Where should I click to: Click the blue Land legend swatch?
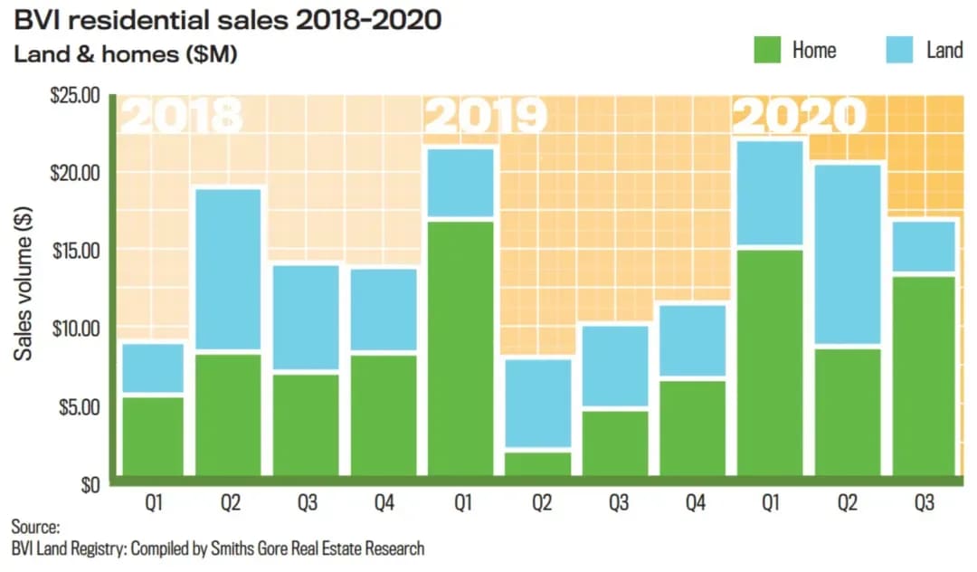[x=910, y=49]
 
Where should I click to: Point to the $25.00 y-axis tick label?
[x=76, y=95]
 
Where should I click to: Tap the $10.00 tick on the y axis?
[x=76, y=328]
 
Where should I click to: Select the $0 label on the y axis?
[x=88, y=484]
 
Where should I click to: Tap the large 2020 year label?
[x=798, y=116]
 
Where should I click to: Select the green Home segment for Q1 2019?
[x=461, y=348]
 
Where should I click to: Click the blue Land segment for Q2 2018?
[x=230, y=270]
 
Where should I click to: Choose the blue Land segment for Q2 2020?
[x=847, y=254]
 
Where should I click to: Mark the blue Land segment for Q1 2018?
[x=153, y=368]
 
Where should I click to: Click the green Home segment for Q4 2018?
[x=384, y=415]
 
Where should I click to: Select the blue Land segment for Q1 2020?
[x=770, y=193]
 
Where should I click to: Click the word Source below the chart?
[x=35, y=527]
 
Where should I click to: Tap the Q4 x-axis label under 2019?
[x=694, y=503]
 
